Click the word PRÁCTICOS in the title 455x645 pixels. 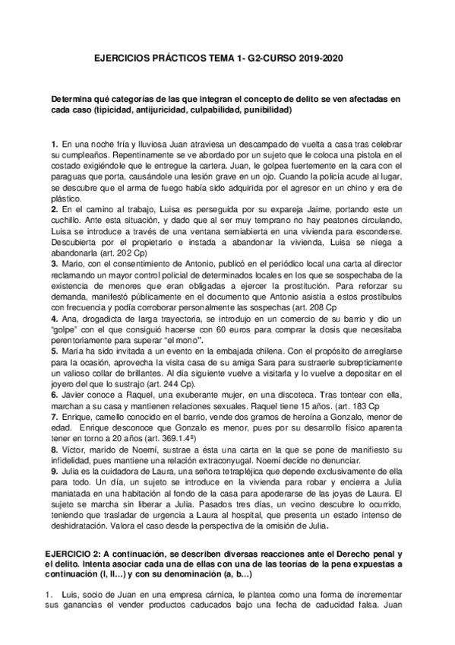click(160, 57)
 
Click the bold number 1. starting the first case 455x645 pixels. click(54, 144)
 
